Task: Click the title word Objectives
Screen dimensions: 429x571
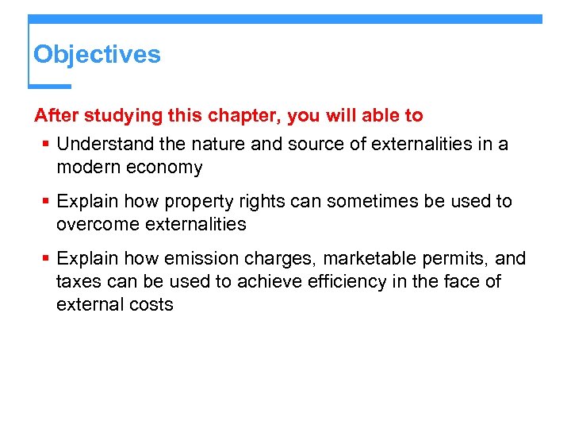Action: tap(97, 55)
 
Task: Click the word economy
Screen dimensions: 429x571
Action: tap(163, 168)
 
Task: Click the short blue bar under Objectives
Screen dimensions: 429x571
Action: tap(50, 86)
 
